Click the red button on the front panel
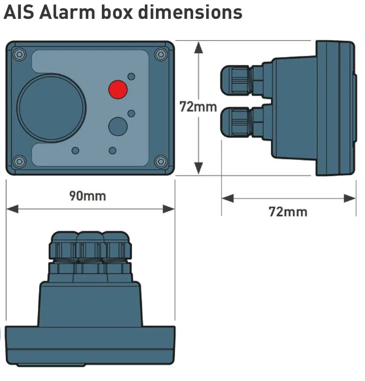pos(117,89)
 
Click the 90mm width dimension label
pos(87,195)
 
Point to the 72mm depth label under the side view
pos(288,212)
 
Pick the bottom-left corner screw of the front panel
pos(18,161)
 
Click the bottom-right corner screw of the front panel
pos(161,161)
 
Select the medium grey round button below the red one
pos(117,126)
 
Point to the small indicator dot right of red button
pos(131,76)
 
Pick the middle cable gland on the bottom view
pos(89,249)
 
